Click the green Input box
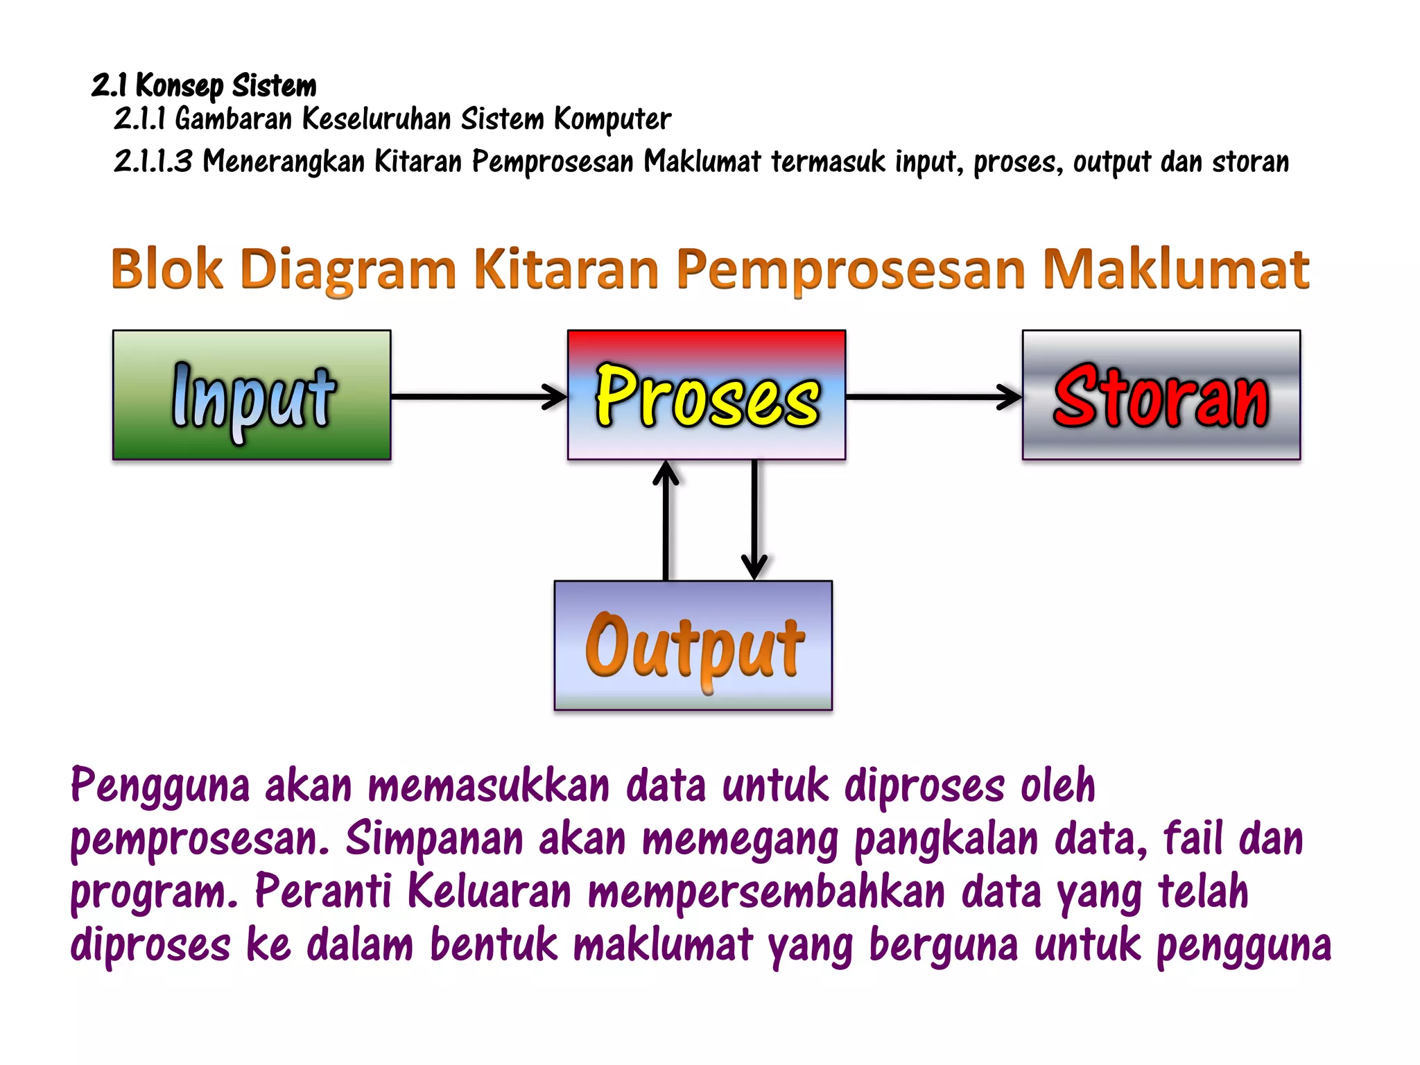click(252, 395)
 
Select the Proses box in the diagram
click(707, 395)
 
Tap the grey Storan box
click(1161, 395)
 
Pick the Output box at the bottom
click(693, 646)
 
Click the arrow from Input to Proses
click(478, 397)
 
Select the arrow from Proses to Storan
click(933, 397)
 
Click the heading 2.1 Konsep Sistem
click(204, 85)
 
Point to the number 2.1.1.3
click(153, 161)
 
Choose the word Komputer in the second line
click(612, 119)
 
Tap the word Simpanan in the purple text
click(434, 840)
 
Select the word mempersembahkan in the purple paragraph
click(766, 893)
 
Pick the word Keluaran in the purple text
click(489, 892)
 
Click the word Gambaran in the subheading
click(234, 119)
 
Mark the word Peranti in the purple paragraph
click(323, 892)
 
